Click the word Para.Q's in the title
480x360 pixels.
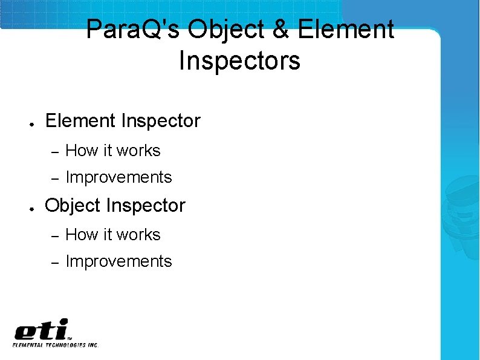tap(132, 30)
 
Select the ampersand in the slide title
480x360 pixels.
tap(281, 30)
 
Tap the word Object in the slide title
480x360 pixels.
tap(225, 30)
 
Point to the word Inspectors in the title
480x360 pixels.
tap(239, 61)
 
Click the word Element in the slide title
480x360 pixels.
tap(346, 30)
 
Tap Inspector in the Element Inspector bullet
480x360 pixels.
tap(160, 121)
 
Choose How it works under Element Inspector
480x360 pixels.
tap(112, 151)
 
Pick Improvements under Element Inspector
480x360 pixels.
tap(118, 177)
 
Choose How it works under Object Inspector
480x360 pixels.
tap(112, 235)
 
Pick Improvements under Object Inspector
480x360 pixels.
tap(118, 261)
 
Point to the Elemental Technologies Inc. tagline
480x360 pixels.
tap(56, 345)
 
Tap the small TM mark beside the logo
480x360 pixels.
tap(71, 339)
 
